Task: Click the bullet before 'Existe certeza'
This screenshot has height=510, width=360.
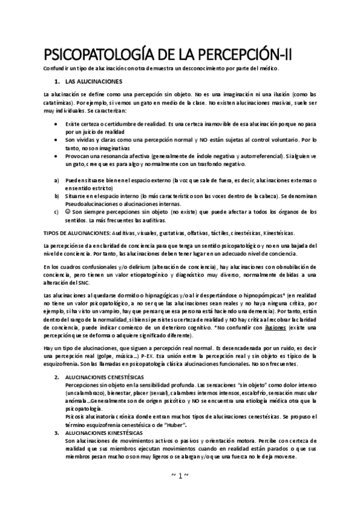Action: point(56,123)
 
